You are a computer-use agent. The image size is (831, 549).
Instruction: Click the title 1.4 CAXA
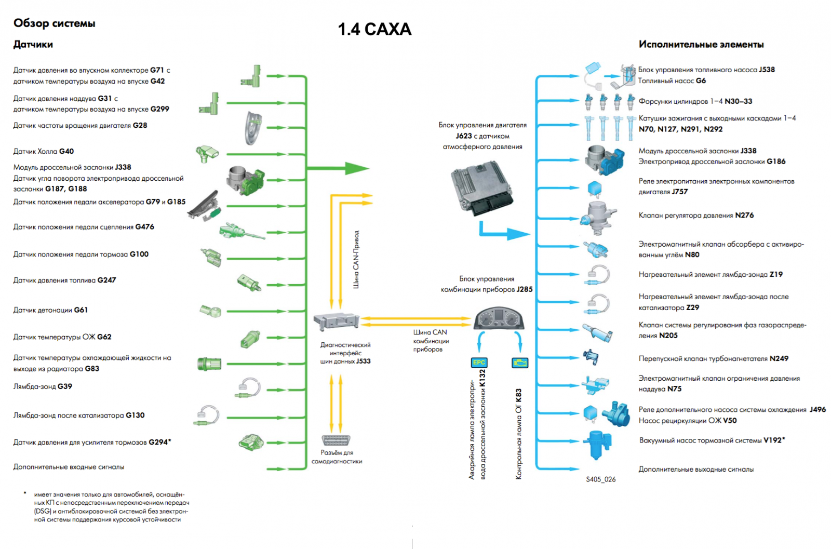click(374, 29)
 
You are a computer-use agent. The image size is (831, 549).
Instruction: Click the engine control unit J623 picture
click(481, 188)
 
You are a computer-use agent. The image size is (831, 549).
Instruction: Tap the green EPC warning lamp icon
click(479, 363)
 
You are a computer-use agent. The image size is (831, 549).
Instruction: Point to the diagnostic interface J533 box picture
click(337, 321)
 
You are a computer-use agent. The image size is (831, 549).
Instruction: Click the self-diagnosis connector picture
click(336, 440)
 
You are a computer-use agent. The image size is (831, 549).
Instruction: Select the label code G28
click(140, 125)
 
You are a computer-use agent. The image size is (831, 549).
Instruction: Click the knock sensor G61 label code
click(81, 310)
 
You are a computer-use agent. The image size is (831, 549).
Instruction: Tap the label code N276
click(744, 215)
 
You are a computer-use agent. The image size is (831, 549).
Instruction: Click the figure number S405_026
click(600, 479)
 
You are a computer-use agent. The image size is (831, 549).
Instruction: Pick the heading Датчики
click(33, 44)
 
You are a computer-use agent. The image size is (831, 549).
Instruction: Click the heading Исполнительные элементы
click(701, 44)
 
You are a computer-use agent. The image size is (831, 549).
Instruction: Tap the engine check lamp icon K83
click(519, 363)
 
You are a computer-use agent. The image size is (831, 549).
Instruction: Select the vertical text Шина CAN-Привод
click(356, 259)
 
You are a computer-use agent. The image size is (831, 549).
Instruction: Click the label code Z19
click(776, 274)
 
